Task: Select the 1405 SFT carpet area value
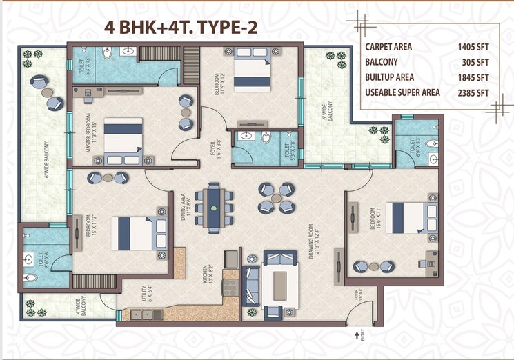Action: (473, 47)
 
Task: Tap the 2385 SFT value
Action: (473, 93)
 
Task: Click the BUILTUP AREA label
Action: (391, 77)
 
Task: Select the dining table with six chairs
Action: (215, 208)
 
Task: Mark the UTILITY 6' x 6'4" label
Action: (146, 295)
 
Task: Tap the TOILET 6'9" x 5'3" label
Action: (413, 147)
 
